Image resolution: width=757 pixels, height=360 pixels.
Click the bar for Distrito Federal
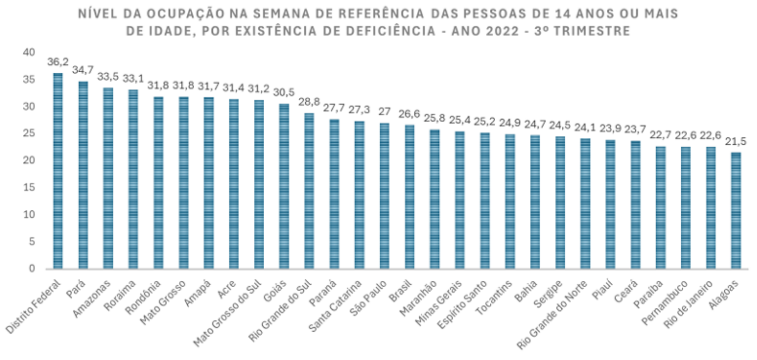point(58,170)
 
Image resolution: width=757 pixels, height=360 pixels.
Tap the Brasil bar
point(410,197)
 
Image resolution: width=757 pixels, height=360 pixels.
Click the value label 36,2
point(58,62)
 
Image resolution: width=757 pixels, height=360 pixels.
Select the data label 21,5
point(736,142)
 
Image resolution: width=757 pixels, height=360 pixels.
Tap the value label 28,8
point(309,102)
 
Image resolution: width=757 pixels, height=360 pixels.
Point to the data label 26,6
point(409,114)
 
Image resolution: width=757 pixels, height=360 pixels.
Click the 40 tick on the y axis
point(29,52)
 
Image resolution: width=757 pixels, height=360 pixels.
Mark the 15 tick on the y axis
point(29,187)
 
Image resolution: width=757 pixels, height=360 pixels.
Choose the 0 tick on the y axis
point(32,268)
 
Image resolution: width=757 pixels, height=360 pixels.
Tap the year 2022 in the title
point(503,31)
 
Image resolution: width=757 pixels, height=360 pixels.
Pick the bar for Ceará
point(636,204)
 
